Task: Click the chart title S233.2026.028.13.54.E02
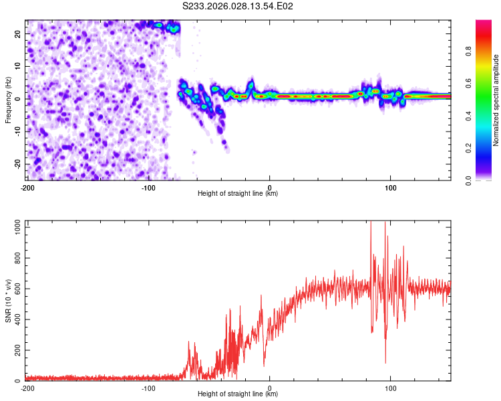[x=238, y=7]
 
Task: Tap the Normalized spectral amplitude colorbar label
[x=496, y=100]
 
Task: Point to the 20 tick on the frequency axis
[x=18, y=33]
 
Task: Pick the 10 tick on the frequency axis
[x=18, y=65]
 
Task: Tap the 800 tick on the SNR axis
[x=16, y=258]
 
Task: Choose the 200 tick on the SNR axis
[x=16, y=350]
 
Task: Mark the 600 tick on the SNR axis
[x=16, y=289]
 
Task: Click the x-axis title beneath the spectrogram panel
[x=238, y=194]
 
